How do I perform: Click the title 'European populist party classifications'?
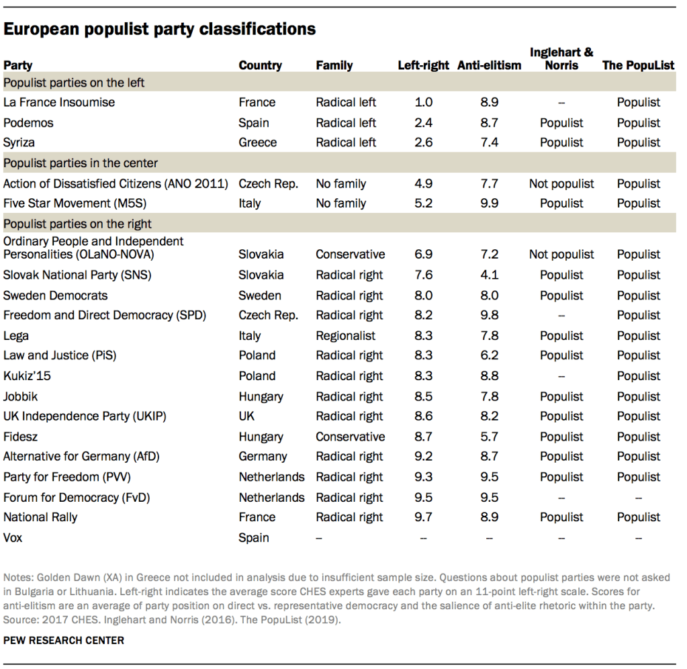pos(160,30)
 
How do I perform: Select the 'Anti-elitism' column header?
pos(489,66)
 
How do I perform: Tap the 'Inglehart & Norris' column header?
pos(561,58)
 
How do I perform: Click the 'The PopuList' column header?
pos(638,66)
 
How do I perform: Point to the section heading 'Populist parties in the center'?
pos(81,163)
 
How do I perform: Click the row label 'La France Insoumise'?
pos(59,103)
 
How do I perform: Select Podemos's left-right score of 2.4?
pos(424,123)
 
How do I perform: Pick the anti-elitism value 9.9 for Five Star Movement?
pos(490,204)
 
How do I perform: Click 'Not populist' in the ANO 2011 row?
pos(561,183)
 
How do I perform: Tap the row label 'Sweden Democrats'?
pos(55,296)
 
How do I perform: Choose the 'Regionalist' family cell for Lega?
pos(346,336)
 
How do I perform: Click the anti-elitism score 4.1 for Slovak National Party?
pos(490,275)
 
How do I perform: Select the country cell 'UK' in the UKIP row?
pos(246,416)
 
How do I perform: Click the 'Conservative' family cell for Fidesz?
pos(351,437)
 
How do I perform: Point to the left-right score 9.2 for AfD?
pos(424,457)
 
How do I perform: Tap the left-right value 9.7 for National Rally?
pos(424,517)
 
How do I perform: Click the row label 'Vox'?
pos(13,538)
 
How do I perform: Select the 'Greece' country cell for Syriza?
pos(257,142)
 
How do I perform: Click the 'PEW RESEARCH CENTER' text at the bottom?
pos(64,641)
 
